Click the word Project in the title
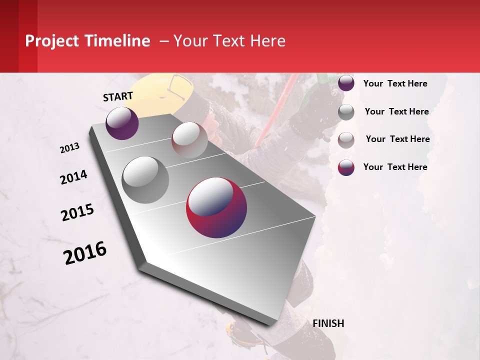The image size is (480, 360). tap(52, 41)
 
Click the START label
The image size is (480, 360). tap(118, 96)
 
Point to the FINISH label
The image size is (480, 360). tap(328, 323)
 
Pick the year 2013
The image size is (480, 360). tap(69, 148)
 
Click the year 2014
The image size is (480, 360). tap(73, 177)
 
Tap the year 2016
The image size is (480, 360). tap(85, 252)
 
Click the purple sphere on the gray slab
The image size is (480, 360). tap(122, 123)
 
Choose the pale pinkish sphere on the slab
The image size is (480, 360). tap(189, 139)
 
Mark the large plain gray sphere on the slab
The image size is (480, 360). tap(145, 179)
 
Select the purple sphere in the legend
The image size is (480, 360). tap(346, 83)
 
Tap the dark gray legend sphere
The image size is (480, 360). tap(346, 112)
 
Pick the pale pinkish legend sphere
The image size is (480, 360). tap(346, 140)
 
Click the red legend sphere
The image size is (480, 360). tap(346, 167)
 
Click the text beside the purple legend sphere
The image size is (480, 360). tap(395, 83)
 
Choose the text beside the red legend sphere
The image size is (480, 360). tap(395, 167)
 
